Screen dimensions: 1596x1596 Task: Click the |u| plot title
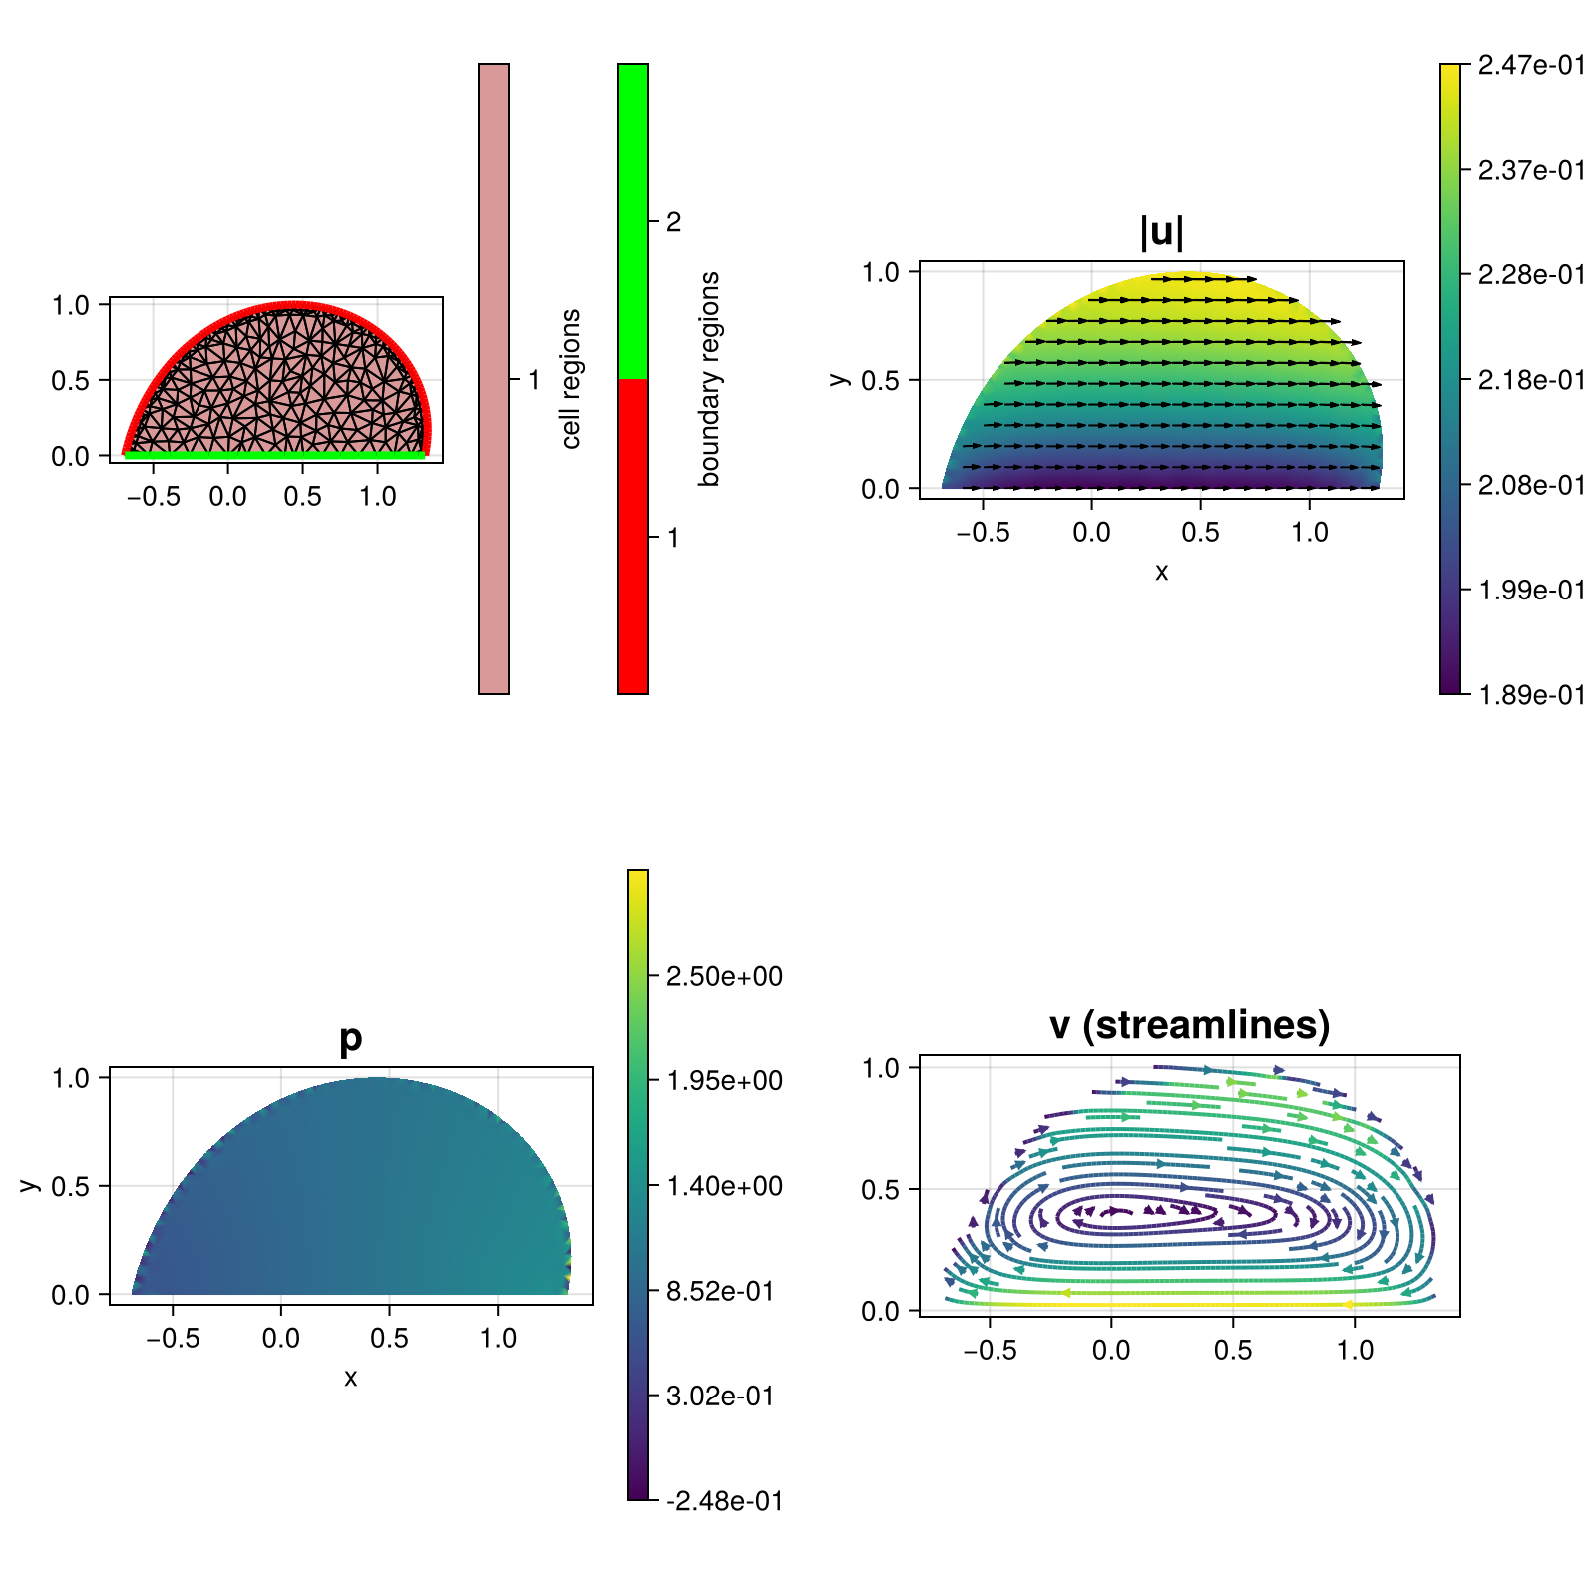point(1162,232)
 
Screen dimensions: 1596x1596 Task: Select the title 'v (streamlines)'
point(1189,1025)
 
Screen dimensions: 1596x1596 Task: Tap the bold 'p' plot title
point(350,1038)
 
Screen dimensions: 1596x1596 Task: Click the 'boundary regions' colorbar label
point(709,379)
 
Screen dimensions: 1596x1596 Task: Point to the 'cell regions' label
point(570,379)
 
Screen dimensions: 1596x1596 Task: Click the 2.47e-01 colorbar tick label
point(1531,65)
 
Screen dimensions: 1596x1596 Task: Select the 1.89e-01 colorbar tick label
point(1531,695)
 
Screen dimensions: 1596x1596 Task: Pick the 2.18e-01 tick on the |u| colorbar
point(1531,380)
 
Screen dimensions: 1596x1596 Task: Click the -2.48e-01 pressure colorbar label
point(724,1501)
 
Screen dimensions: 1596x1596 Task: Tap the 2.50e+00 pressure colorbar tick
point(724,976)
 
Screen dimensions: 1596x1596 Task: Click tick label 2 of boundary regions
point(673,222)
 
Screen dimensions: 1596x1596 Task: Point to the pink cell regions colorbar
point(494,379)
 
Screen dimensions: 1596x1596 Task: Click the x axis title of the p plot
point(350,1378)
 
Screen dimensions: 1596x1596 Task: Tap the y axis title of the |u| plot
point(840,379)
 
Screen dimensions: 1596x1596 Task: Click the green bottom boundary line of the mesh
point(275,455)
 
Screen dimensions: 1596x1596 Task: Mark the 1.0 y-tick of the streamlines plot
point(881,1068)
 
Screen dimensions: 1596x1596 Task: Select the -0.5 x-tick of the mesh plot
point(154,496)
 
